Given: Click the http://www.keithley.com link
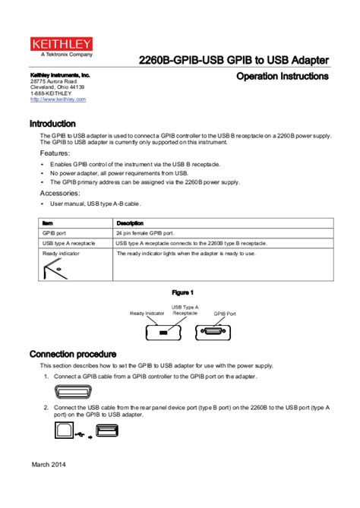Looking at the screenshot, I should click(x=58, y=99).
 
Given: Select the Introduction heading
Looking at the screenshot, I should click(x=52, y=123).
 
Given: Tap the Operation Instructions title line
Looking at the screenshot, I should click(x=282, y=77).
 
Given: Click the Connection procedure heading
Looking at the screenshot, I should click(x=73, y=354).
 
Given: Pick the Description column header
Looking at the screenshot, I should click(x=130, y=222).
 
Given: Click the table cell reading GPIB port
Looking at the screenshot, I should click(x=56, y=232).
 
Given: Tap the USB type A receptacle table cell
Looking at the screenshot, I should click(x=68, y=243).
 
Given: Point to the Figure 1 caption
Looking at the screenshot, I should click(x=182, y=292).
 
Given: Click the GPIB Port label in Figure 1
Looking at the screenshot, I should click(x=224, y=313).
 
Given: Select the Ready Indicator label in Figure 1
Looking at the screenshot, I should click(x=147, y=313).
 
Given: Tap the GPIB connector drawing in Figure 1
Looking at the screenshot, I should click(x=215, y=332).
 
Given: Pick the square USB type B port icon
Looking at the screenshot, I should click(x=65, y=431).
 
